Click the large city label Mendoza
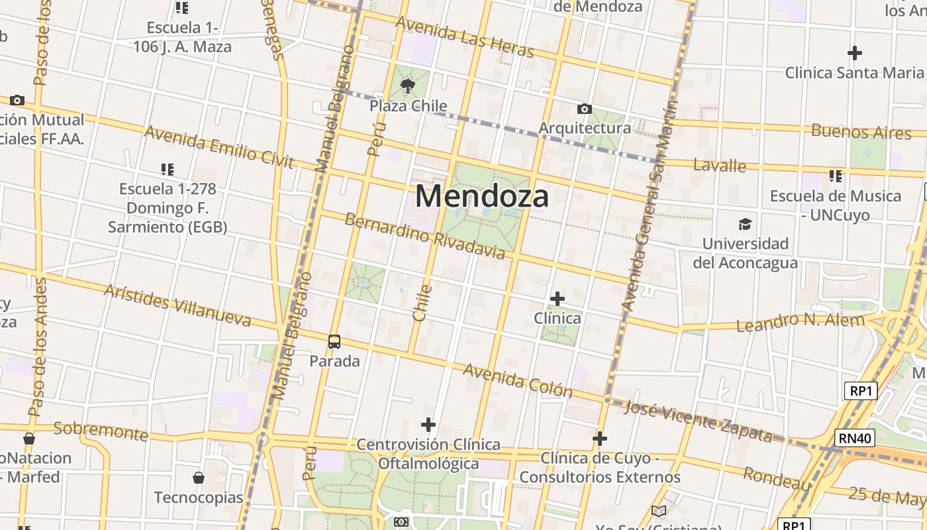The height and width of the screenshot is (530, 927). [x=482, y=197]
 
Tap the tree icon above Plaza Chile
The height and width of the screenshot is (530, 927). [x=408, y=85]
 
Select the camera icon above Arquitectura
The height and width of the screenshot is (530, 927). [x=584, y=109]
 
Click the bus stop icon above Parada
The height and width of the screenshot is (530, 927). [x=334, y=342]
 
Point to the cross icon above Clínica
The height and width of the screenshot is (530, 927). [x=558, y=299]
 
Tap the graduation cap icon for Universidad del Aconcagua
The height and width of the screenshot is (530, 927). [x=745, y=224]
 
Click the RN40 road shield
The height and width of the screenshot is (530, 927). [x=855, y=438]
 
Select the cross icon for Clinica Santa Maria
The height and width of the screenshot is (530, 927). [x=855, y=53]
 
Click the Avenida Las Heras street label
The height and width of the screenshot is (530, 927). [x=464, y=37]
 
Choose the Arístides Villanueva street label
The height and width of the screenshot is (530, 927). [x=177, y=305]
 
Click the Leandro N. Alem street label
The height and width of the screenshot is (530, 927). [x=801, y=323]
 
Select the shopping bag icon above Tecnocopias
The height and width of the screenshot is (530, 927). [x=198, y=478]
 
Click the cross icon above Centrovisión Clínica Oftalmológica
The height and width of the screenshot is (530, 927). [x=428, y=424]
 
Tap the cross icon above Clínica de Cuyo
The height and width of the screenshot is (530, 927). [x=599, y=439]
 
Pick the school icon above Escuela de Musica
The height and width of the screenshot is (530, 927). [x=836, y=176]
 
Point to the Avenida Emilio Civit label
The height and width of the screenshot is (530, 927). [x=219, y=146]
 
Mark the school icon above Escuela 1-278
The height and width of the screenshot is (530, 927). [x=168, y=170]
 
